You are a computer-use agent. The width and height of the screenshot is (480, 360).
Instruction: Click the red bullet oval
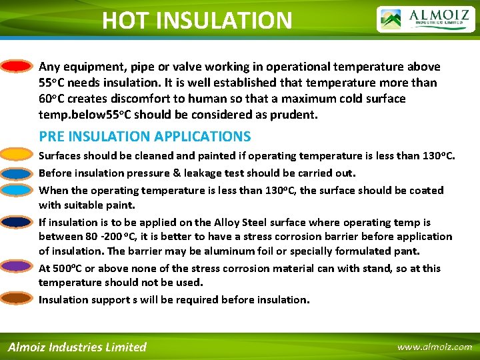[16, 67]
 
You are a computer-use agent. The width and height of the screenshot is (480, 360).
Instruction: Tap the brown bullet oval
[16, 298]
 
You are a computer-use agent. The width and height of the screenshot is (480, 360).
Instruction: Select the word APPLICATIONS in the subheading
[203, 137]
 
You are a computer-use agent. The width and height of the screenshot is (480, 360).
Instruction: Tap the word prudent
[296, 115]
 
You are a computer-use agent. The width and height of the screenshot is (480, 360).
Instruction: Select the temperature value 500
[63, 268]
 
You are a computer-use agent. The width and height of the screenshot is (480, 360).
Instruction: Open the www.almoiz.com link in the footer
[434, 347]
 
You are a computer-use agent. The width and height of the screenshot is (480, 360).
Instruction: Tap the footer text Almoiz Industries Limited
[77, 347]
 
